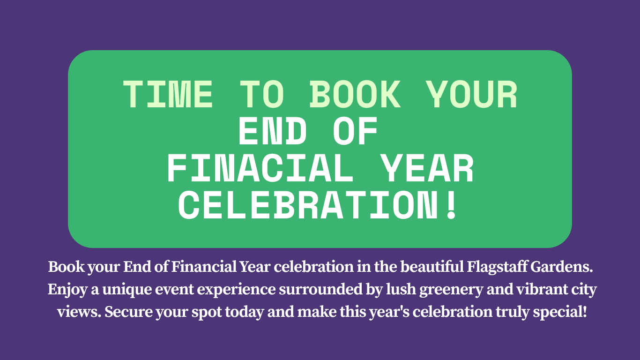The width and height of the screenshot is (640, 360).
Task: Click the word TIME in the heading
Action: (168, 94)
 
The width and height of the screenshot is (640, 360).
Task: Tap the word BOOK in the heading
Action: (355, 94)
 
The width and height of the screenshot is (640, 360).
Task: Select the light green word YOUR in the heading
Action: (473, 94)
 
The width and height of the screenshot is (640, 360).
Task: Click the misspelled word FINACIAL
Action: (260, 168)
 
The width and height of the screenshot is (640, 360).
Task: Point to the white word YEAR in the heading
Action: (428, 168)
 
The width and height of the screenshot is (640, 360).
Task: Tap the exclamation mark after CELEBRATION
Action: (452, 205)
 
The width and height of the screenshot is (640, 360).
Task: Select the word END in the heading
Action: (273, 131)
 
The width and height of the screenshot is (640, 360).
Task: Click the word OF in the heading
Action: (355, 131)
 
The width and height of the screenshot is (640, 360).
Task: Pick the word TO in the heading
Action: (262, 94)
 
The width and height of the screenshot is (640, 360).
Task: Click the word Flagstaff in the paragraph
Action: (497, 267)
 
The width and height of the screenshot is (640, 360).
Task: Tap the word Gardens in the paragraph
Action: (562, 267)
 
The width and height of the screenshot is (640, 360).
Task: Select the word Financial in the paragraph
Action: (204, 267)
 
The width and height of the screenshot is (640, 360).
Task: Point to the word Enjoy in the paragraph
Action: (67, 290)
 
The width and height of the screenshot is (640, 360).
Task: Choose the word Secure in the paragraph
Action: (128, 312)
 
